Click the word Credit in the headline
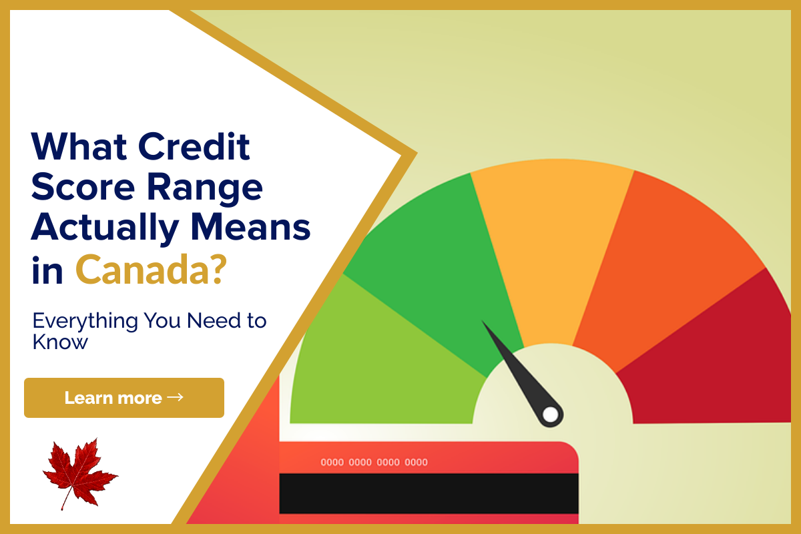point(194,147)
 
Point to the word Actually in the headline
point(105,228)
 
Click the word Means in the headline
point(251,227)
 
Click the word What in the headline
point(79,146)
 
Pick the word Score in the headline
point(83,187)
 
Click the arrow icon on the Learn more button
point(175,397)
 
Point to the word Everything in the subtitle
point(85,321)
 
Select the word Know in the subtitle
point(59,342)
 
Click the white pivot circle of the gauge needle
point(550,415)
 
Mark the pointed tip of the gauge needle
point(482,320)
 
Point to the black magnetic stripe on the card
point(429,493)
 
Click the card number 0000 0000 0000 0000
point(374,462)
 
